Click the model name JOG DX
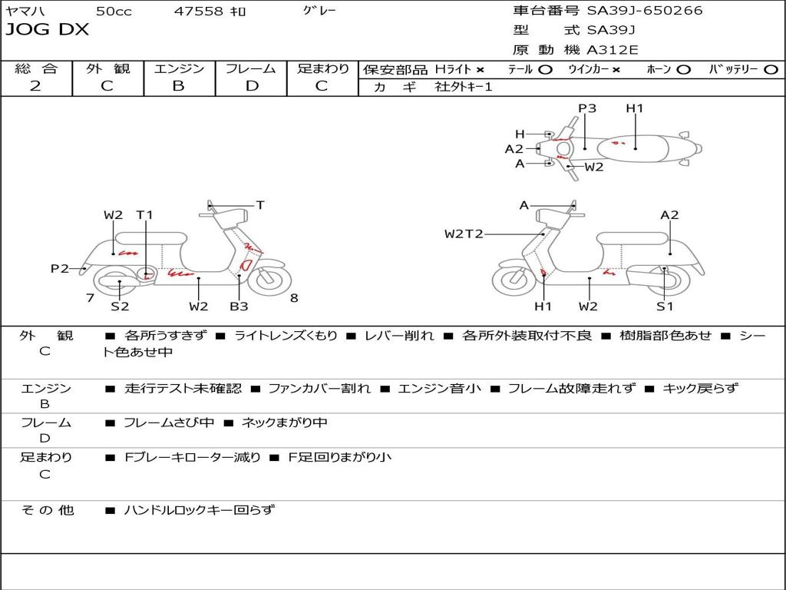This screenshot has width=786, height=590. point(47,30)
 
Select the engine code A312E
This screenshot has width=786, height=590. point(611,50)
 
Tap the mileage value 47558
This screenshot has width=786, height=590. point(199,11)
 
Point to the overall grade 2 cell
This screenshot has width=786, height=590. point(35,86)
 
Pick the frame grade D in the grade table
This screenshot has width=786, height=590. point(251,86)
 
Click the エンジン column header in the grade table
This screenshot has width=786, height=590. point(179,68)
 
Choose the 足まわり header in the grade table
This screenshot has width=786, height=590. point(322,68)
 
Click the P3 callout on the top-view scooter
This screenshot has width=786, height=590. point(587,108)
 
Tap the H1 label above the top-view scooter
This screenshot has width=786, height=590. point(635,108)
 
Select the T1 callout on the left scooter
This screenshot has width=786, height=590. point(144,215)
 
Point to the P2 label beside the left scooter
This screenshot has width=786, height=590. point(60,268)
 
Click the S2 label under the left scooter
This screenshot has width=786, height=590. point(120,307)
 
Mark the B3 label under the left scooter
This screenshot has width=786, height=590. point(239,307)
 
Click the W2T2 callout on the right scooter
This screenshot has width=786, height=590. point(464,234)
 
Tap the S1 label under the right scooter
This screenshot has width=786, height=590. point(665,307)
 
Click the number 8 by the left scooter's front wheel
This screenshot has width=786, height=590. point(294,298)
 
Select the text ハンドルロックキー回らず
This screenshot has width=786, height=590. point(199,509)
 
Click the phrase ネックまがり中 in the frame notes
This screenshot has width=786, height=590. point(284,423)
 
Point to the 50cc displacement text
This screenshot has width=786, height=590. point(113,11)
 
